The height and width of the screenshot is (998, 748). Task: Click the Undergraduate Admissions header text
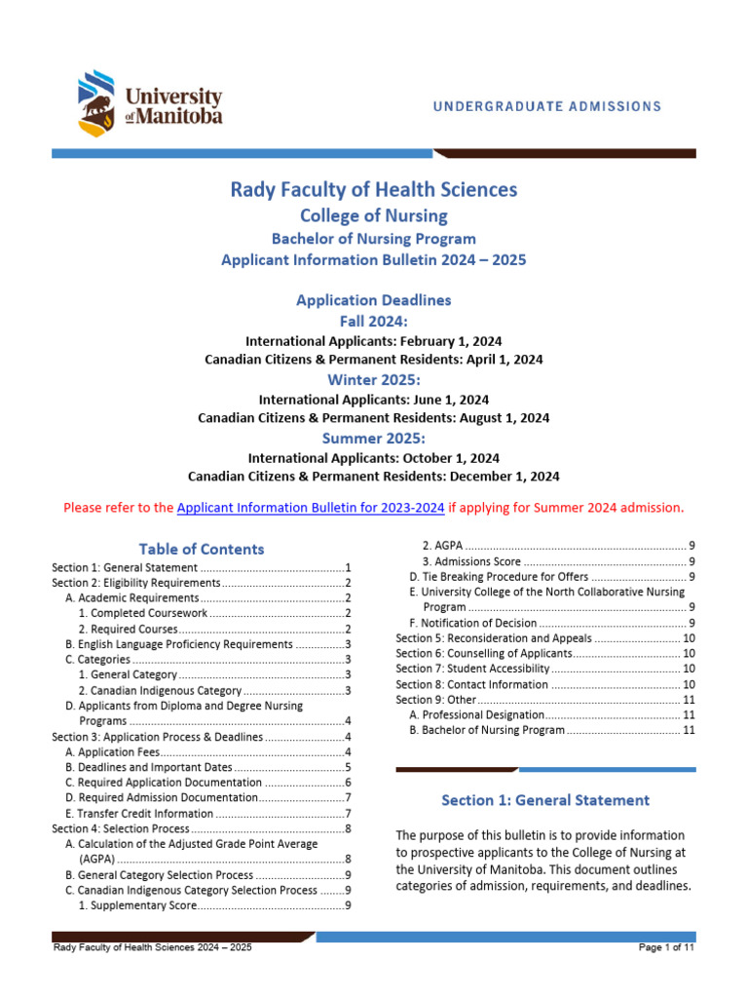[x=547, y=106]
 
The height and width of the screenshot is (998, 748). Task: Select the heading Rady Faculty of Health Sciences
[x=374, y=189]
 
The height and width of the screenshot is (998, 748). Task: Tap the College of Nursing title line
[x=374, y=215]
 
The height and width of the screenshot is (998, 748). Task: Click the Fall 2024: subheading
[x=374, y=321]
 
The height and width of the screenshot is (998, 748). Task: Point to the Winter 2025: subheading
[x=374, y=379]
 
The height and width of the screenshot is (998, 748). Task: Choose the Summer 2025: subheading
[x=374, y=439]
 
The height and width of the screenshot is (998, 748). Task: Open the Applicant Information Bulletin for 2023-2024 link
[x=311, y=507]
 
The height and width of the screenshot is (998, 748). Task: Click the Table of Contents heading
[x=201, y=549]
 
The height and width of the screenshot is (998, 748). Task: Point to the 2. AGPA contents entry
[x=442, y=545]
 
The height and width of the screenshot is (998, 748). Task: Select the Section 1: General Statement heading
[x=545, y=800]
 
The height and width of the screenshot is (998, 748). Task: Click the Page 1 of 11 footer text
[x=666, y=947]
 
